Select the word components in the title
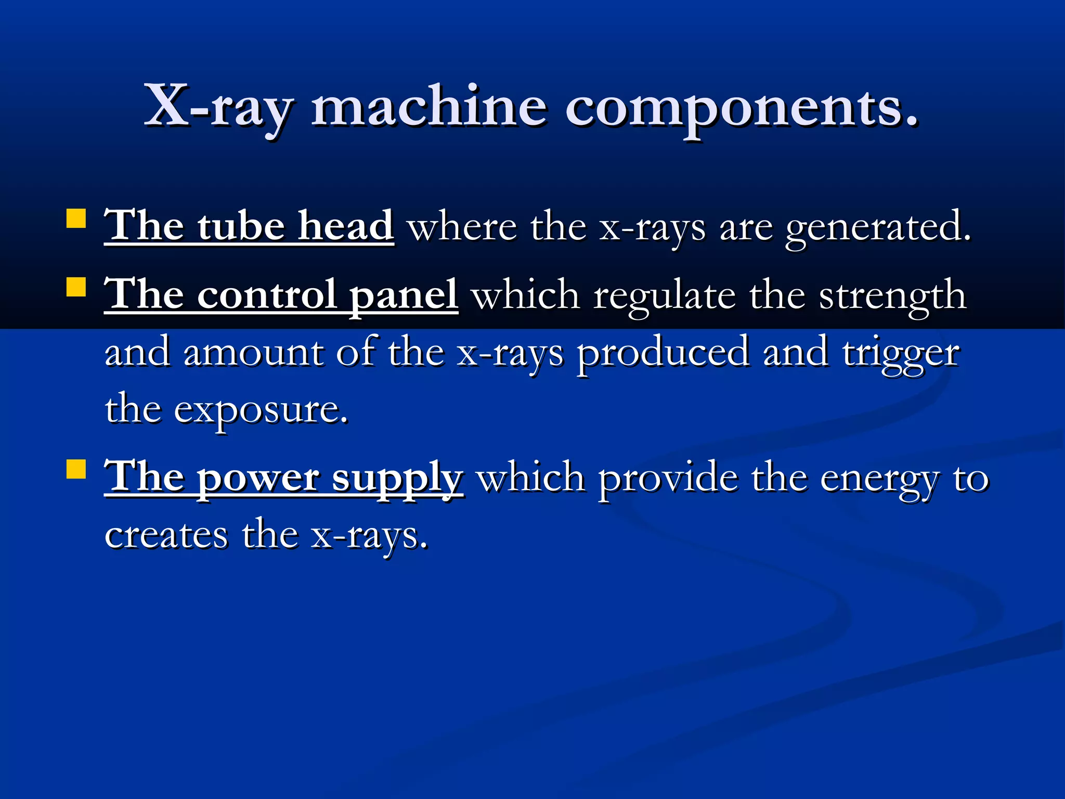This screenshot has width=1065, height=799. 741,108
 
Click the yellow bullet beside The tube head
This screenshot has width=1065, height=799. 76,219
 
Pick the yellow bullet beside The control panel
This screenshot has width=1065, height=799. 76,286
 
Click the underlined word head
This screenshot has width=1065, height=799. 345,226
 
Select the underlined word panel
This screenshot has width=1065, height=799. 404,295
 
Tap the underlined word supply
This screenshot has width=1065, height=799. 397,478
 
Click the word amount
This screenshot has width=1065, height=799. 253,352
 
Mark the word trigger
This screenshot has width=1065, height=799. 901,354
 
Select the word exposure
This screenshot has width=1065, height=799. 261,410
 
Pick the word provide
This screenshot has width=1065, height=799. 668,478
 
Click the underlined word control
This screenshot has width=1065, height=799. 267,295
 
